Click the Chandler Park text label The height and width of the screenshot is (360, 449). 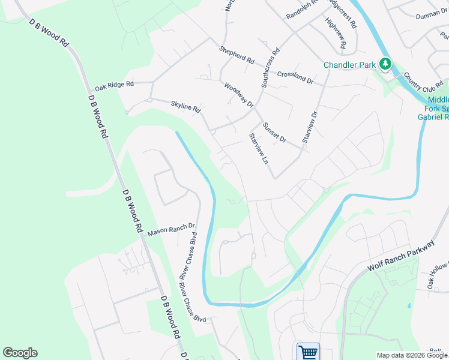(349, 64)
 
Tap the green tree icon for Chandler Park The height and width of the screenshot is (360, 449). (385, 64)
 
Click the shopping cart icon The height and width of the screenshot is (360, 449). (308, 352)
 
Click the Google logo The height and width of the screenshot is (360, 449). (20, 353)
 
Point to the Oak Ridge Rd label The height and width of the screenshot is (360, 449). (114, 85)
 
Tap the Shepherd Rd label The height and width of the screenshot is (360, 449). (237, 55)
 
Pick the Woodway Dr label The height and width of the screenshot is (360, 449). (239, 94)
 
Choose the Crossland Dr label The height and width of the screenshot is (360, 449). (295, 77)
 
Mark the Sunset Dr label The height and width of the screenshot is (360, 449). (274, 132)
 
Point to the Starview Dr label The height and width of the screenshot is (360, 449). (310, 126)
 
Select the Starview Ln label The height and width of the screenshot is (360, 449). (258, 148)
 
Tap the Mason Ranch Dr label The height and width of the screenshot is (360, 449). (172, 229)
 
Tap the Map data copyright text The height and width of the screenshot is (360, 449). (412, 355)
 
